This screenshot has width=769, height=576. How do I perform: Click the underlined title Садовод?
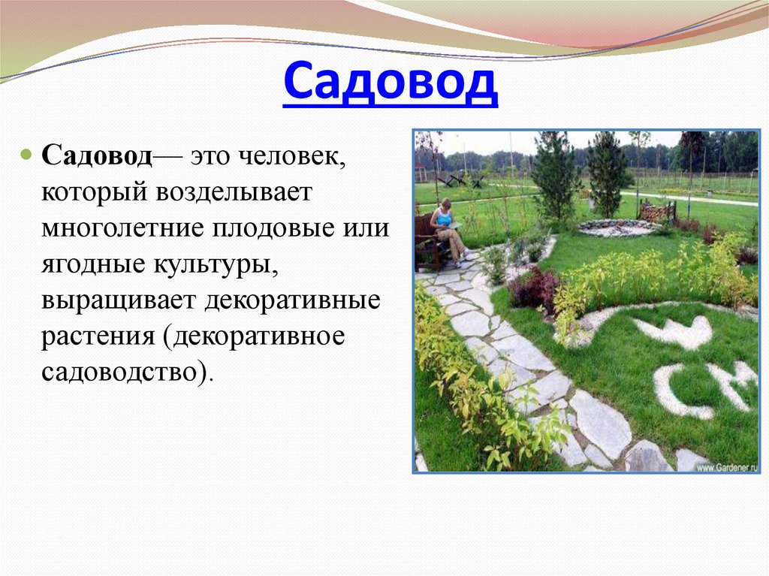pos(391,85)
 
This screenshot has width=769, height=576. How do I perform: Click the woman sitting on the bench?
pos(448,229)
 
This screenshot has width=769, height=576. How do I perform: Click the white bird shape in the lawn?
pos(675,330)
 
